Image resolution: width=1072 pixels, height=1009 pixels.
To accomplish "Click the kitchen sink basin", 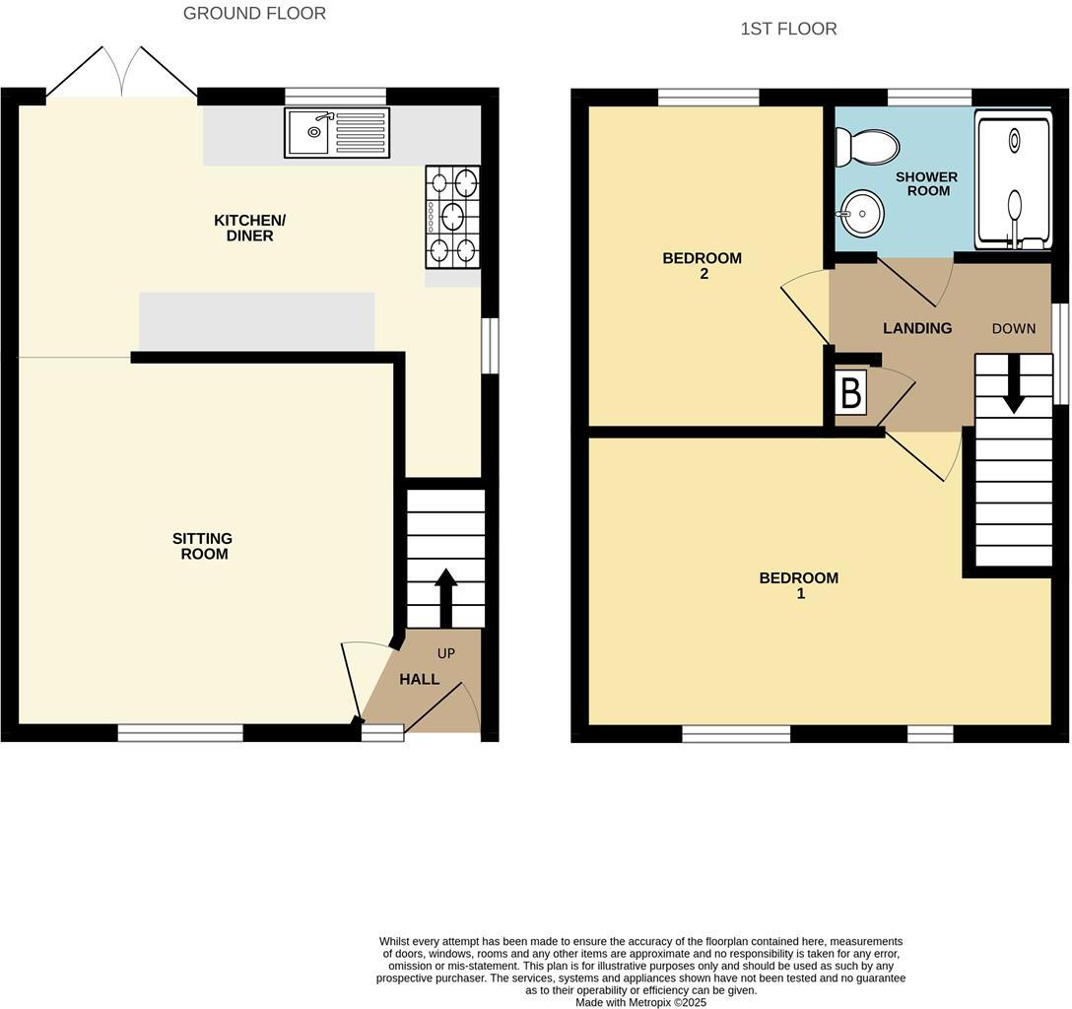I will tap(308, 133).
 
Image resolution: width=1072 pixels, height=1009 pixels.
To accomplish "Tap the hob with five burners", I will tap(452, 217).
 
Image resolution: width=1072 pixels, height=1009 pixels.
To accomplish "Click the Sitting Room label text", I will tap(202, 546).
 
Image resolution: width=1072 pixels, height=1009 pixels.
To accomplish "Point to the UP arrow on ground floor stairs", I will tap(445, 597).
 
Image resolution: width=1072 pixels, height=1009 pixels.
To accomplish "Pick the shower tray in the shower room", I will tap(1013, 179).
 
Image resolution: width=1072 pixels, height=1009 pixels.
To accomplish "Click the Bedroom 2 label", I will tap(703, 266).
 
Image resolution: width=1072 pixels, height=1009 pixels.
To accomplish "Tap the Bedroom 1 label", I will tap(799, 585).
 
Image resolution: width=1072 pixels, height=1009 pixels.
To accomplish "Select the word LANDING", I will tap(917, 328).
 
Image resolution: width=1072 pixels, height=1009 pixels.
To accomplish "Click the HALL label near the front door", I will tap(419, 679).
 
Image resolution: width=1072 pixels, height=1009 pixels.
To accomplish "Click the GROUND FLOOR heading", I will tap(254, 14).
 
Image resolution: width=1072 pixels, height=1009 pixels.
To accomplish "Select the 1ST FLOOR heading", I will tap(788, 30).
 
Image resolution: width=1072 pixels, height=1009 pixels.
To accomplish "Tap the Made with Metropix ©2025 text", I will tap(641, 1002).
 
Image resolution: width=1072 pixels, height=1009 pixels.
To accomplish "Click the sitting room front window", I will tap(180, 732).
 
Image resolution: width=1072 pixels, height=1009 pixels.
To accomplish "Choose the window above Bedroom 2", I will tap(707, 97).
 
